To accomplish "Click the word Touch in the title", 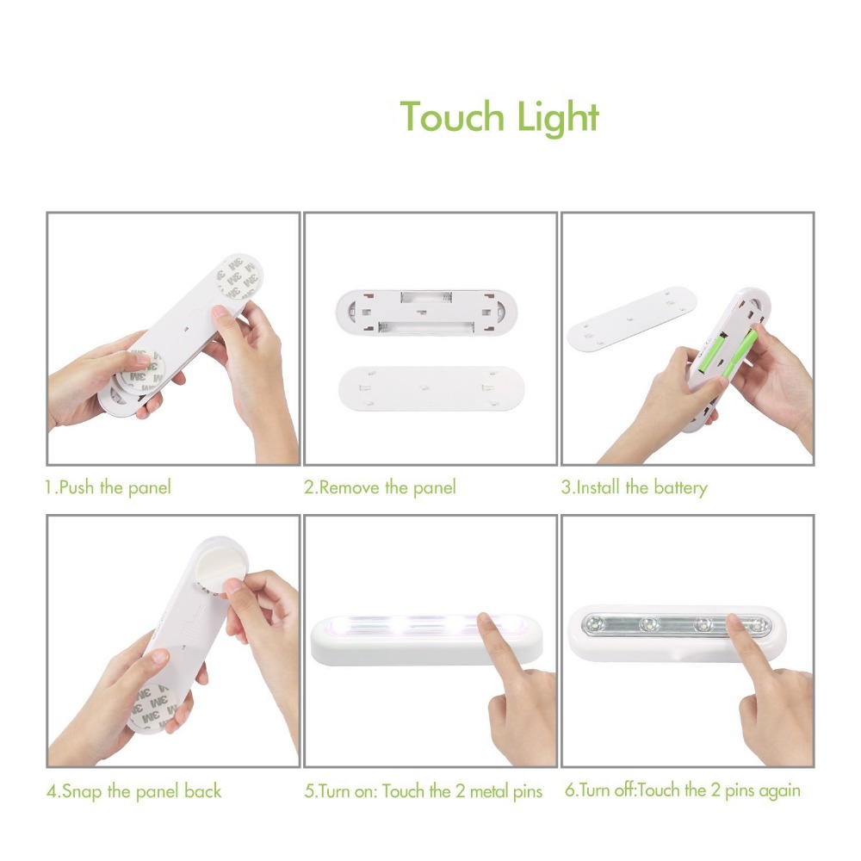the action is (451, 116).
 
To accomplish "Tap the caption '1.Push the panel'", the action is (108, 487).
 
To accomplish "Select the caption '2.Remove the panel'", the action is (380, 487).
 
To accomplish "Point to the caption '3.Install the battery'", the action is (635, 487).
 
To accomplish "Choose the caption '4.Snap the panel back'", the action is (134, 791).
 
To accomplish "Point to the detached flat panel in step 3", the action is (631, 318).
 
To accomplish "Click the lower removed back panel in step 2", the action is (431, 389).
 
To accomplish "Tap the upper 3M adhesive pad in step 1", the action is (238, 278).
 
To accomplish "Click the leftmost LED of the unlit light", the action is (594, 623).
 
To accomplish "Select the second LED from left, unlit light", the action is (649, 624).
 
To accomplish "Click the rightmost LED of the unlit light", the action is (759, 625).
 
